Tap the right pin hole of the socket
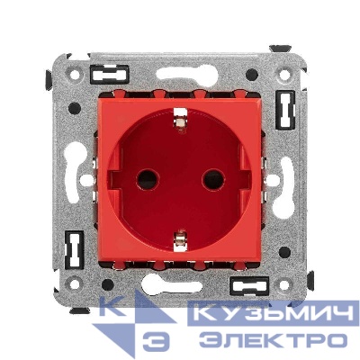pyautogui.click(x=213, y=179)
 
